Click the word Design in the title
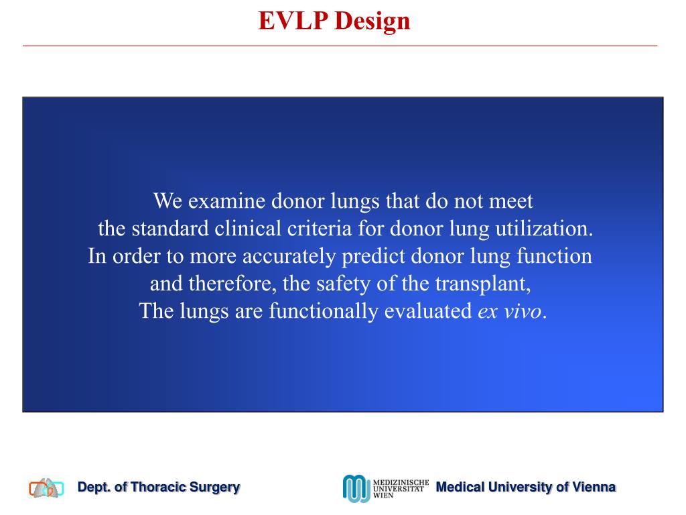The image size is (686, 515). tap(373, 21)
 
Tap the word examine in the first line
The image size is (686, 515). tap(227, 201)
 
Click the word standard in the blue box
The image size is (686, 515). tap(170, 229)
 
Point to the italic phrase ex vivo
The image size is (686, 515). tap(508, 312)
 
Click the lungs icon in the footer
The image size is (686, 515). tap(46, 488)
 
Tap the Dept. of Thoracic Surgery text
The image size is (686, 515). tap(159, 488)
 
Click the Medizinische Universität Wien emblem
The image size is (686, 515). tap(356, 488)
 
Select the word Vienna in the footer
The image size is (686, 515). tap(592, 488)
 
